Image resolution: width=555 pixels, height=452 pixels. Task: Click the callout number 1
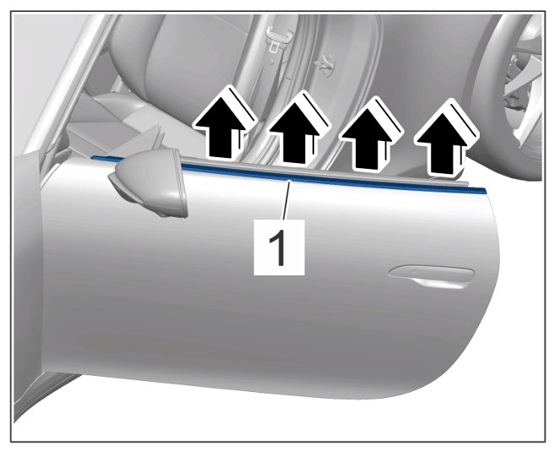click(x=280, y=248)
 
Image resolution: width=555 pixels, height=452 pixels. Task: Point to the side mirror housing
click(x=149, y=182)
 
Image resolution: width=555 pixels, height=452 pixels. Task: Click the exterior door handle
click(x=431, y=277)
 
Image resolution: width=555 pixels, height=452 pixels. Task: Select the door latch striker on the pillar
click(x=325, y=67)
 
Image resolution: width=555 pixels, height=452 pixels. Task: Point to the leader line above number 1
click(x=286, y=199)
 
